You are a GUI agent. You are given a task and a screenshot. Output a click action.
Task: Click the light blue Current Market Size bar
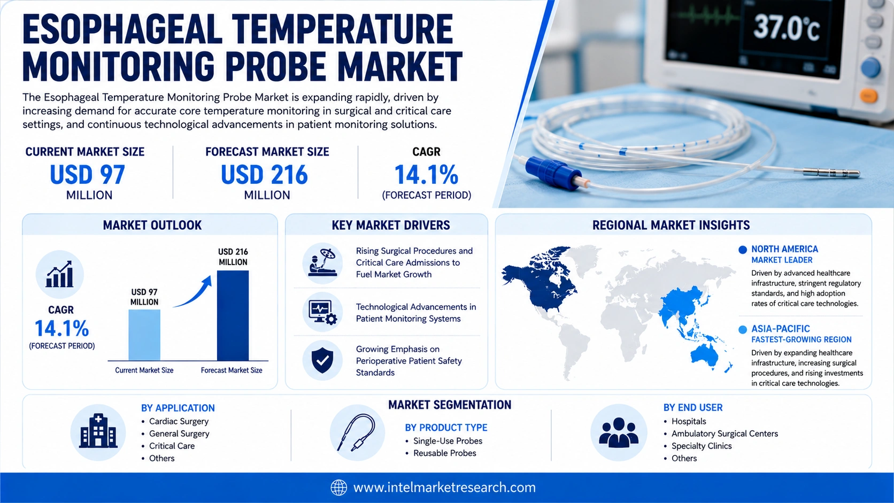(x=144, y=335)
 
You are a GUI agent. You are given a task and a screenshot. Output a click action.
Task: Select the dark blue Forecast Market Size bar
(x=233, y=315)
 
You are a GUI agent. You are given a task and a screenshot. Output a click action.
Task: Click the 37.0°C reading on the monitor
(x=786, y=28)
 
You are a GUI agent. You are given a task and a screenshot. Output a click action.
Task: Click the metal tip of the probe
(x=831, y=173)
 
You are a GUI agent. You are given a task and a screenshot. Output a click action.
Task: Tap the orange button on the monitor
(x=868, y=96)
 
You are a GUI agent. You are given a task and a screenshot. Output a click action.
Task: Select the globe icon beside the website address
(x=338, y=487)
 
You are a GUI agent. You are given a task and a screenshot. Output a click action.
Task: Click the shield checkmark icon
(x=322, y=360)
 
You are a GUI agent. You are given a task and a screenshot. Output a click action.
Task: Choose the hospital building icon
(x=98, y=431)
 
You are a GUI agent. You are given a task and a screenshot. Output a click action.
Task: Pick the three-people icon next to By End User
(x=619, y=432)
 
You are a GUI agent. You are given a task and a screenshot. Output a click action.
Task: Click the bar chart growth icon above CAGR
(x=59, y=274)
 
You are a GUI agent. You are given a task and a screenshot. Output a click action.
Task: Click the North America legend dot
(x=743, y=250)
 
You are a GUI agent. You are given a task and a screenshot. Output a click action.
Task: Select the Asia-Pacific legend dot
(x=743, y=329)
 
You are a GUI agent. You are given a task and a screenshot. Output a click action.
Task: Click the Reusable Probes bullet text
(x=445, y=453)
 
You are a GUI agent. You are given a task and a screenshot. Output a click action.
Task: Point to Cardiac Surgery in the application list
(x=179, y=421)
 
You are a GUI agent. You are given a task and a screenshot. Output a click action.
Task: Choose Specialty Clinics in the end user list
(x=702, y=446)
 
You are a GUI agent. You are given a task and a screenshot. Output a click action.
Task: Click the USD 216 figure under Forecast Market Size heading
(x=264, y=175)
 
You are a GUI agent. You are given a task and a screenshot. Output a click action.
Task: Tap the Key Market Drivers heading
(x=391, y=226)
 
